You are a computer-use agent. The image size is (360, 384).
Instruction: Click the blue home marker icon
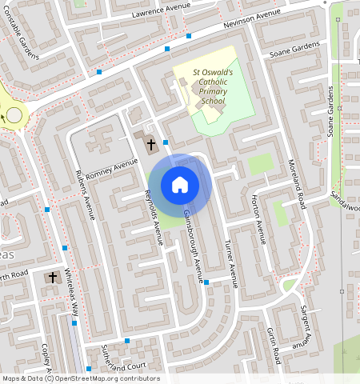(x=180, y=185)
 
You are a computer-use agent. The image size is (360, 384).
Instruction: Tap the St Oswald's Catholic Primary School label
(x=212, y=86)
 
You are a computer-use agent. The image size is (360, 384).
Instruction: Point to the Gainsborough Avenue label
(x=194, y=246)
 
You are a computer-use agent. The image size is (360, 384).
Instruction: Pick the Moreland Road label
(x=298, y=184)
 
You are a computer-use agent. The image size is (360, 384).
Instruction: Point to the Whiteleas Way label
(x=73, y=292)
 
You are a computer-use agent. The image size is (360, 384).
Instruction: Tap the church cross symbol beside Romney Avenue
(x=151, y=143)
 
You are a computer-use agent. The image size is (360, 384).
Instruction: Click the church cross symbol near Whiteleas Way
(x=53, y=278)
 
